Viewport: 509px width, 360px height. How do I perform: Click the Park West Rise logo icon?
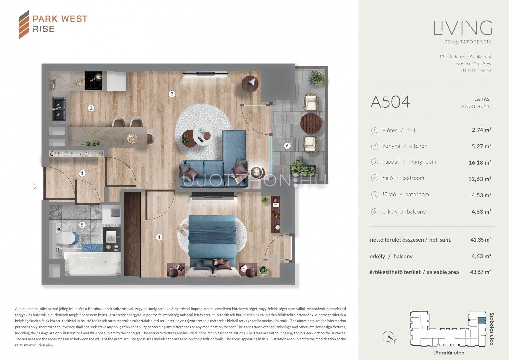pyautogui.click(x=24, y=24)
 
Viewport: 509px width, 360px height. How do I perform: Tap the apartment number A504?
pyautogui.click(x=390, y=102)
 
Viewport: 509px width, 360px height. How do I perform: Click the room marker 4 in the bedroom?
pyautogui.click(x=159, y=237)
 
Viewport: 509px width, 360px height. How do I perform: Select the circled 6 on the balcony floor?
pyautogui.click(x=287, y=146)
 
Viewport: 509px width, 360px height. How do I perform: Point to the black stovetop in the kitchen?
pyautogui.click(x=93, y=80)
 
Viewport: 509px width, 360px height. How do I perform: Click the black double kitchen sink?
pyautogui.click(x=59, y=109)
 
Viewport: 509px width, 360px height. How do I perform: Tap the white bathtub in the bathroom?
pyautogui.click(x=92, y=264)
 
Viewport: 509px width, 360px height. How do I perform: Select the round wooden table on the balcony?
pyautogui.click(x=311, y=124)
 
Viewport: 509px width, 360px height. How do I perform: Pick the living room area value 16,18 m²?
pyautogui.click(x=480, y=163)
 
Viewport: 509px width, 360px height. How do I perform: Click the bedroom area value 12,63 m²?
pyautogui.click(x=480, y=179)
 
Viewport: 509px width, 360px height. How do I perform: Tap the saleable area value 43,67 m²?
pyautogui.click(x=480, y=272)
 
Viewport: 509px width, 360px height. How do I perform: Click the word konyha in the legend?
pyautogui.click(x=391, y=146)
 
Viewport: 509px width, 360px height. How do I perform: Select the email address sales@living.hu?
pyautogui.click(x=477, y=70)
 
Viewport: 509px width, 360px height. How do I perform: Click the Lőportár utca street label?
pyautogui.click(x=449, y=353)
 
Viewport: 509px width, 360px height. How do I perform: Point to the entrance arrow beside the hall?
pyautogui.click(x=35, y=187)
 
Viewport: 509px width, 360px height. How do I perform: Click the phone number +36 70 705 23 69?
pyautogui.click(x=473, y=64)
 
